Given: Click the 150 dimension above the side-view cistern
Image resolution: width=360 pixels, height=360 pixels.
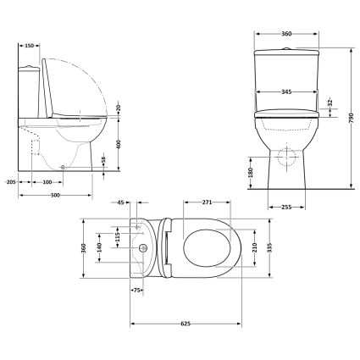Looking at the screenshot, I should coord(30,46).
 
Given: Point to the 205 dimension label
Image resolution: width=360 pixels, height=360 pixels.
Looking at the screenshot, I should coord(10,181).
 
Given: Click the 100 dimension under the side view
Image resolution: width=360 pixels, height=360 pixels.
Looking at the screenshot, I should coord(47,181).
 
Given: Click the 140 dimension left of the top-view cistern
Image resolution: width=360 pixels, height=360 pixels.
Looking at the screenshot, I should coord(98,246).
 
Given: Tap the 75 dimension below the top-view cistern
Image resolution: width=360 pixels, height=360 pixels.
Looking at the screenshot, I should coord(137,291).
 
